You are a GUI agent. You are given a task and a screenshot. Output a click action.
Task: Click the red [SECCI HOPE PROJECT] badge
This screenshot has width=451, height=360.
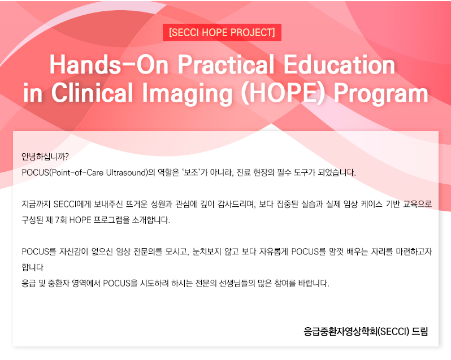(x=222, y=32)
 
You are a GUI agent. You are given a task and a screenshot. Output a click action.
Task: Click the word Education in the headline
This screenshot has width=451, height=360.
(x=340, y=65)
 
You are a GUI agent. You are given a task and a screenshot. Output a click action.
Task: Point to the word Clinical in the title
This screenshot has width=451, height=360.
(x=92, y=93)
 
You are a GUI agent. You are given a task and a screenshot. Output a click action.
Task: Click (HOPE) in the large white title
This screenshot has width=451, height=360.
(x=283, y=93)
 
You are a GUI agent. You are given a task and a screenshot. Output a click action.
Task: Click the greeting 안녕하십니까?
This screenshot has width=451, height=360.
(x=45, y=157)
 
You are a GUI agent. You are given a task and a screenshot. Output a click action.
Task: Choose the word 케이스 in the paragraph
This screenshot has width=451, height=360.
(x=371, y=204)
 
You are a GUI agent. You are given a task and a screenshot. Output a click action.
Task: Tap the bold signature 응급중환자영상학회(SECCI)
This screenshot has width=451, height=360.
(x=357, y=332)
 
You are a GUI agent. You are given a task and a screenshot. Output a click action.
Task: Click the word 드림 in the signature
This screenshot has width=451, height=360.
(x=420, y=332)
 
